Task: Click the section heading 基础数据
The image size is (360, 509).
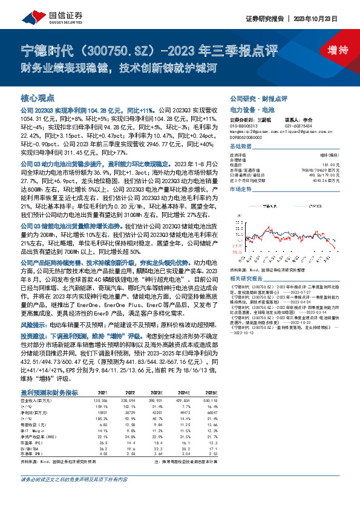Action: point(240,148)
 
